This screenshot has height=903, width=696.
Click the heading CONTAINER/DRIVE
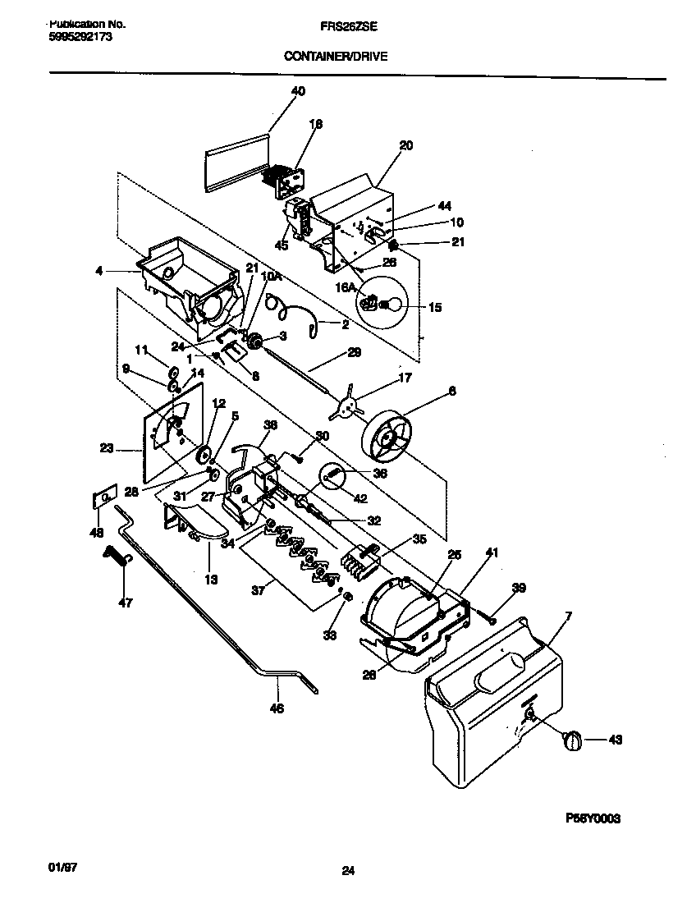click(x=335, y=56)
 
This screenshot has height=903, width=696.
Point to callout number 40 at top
click(x=298, y=91)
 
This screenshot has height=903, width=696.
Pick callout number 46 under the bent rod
click(x=277, y=708)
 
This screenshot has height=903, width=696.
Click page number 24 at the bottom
click(x=347, y=873)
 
